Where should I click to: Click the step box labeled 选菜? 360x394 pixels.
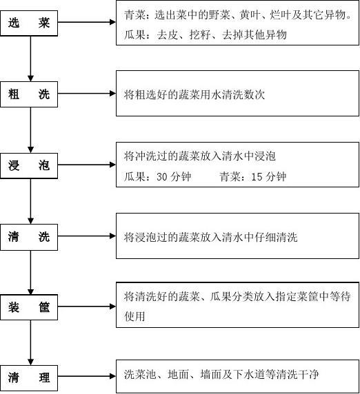(29, 23)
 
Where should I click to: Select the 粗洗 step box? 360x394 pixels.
(29, 94)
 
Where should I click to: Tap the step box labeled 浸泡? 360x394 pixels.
(29, 165)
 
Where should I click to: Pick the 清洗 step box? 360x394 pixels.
(29, 237)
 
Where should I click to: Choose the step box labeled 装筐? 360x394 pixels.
(29, 307)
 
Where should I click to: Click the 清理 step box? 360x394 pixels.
(29, 377)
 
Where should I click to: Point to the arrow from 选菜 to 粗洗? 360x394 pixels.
(31, 59)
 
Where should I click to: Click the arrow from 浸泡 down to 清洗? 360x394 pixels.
(31, 201)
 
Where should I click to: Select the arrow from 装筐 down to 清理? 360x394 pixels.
(31, 342)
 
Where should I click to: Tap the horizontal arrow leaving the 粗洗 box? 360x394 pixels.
(87, 94)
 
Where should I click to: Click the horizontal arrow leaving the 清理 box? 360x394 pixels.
(87, 376)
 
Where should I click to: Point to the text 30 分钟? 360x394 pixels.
(174, 176)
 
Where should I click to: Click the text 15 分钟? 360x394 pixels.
(268, 176)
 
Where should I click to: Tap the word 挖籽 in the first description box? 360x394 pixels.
(200, 34)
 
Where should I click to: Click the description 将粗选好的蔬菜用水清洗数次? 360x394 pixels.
(194, 95)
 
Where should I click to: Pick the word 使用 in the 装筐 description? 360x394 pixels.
(134, 316)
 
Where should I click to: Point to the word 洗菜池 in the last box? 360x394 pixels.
(140, 375)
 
